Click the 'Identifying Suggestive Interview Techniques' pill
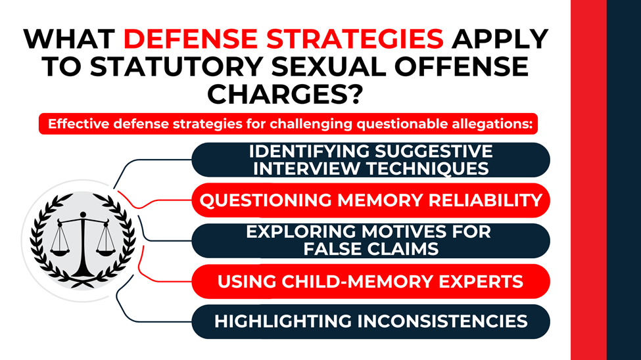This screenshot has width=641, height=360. [x=370, y=160]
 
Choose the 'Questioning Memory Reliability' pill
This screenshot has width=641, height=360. [x=370, y=200]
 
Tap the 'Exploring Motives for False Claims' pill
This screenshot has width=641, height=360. [x=370, y=240]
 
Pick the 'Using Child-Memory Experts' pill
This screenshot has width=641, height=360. [x=370, y=281]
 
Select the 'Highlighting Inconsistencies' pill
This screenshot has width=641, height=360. [x=370, y=322]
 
